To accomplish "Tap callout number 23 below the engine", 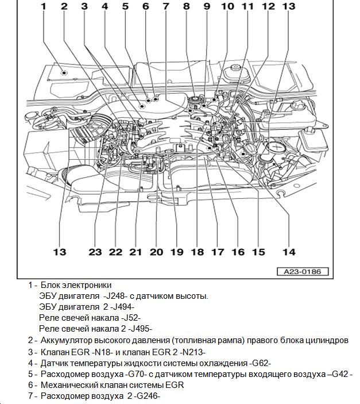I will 95,252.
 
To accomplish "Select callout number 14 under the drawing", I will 288,252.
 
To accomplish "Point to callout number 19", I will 176,252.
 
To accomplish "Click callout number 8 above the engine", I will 185,6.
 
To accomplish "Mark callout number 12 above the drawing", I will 268,6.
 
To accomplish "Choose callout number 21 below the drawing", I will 136,252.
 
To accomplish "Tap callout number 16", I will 238,252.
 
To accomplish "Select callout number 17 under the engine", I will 217,252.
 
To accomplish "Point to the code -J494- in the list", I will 122,307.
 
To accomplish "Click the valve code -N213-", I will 191,352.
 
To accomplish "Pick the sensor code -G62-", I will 260,363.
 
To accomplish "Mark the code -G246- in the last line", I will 146,396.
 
